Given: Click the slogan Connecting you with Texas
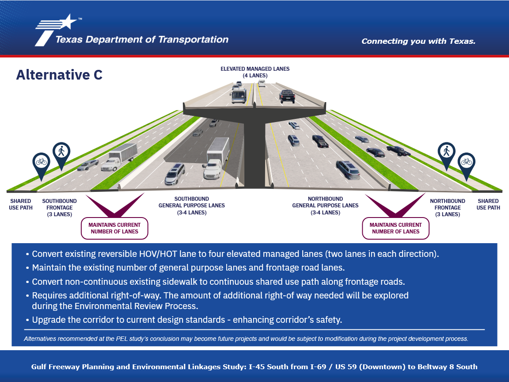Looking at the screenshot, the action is point(418,41).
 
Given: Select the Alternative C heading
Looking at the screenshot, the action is point(59,75).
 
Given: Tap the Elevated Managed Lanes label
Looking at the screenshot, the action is point(255,72).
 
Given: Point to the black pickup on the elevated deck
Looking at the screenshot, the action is point(287,96).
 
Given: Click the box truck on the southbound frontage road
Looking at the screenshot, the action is point(119,157).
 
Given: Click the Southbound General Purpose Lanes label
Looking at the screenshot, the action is point(191,206).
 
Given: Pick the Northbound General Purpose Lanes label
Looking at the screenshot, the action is point(325,206).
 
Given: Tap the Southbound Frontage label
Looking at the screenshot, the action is point(59,207).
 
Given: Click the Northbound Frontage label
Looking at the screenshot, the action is point(447,207).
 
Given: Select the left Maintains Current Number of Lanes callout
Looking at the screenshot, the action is point(114,228).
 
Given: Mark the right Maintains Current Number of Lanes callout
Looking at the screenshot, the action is point(395,228).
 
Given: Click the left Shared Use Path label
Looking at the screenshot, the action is point(21,204).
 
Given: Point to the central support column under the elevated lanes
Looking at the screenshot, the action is point(255,153).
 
